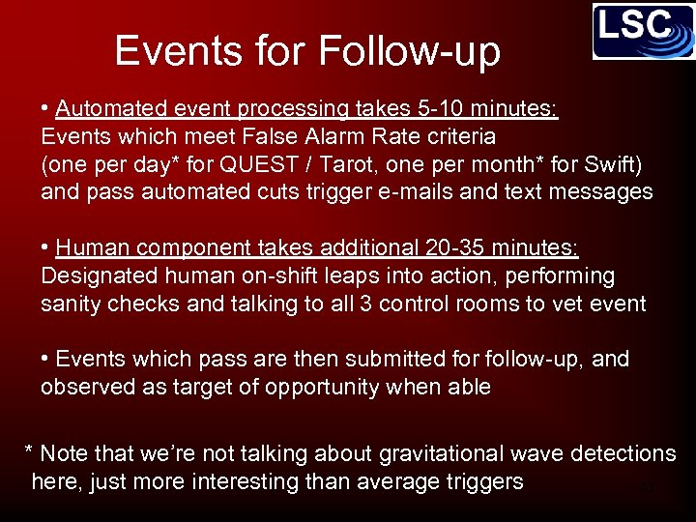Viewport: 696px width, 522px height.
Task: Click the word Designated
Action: (x=93, y=276)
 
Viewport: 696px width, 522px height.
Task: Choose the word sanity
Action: (x=71, y=304)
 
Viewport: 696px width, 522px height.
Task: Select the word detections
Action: (x=623, y=453)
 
